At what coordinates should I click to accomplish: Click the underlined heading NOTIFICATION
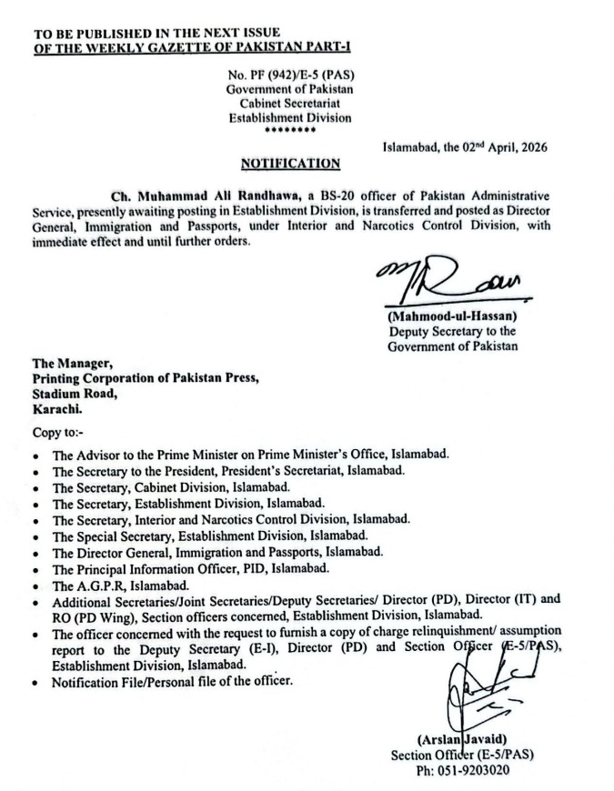(x=290, y=164)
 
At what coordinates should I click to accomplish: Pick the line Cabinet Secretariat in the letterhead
(x=289, y=103)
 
